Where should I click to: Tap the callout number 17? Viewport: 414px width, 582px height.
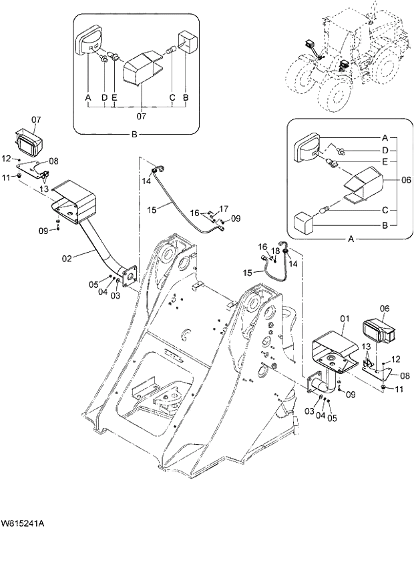click(x=224, y=209)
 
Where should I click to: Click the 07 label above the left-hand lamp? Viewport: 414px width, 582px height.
click(x=36, y=120)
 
